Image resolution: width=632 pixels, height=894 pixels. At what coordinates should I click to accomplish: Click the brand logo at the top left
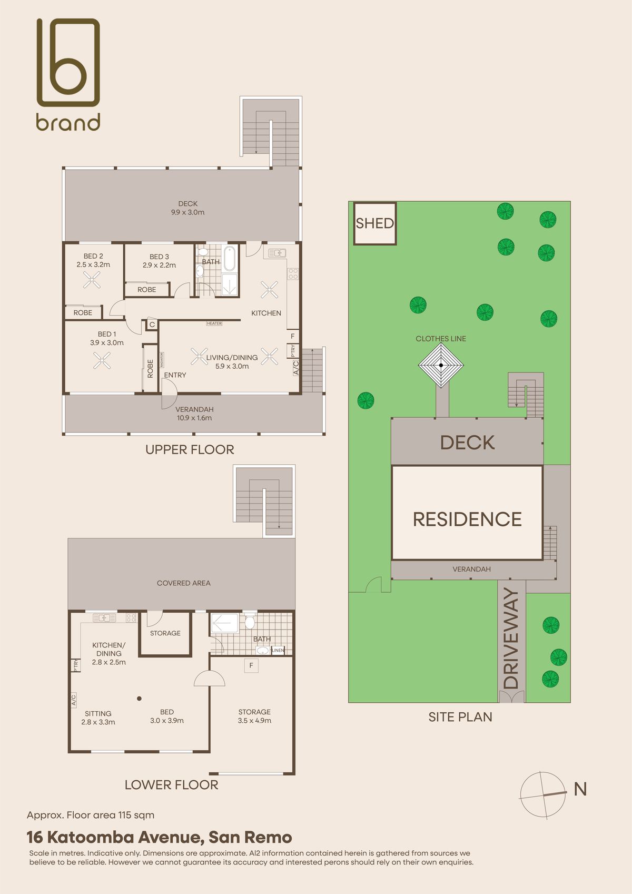[x=68, y=74]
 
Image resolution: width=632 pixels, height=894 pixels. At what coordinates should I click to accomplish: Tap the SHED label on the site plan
[x=374, y=223]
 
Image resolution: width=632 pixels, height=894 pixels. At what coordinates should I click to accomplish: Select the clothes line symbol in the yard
[x=441, y=365]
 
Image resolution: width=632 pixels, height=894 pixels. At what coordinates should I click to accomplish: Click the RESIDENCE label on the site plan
[x=467, y=519]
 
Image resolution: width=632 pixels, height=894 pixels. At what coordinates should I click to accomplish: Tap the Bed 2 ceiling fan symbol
[x=92, y=280]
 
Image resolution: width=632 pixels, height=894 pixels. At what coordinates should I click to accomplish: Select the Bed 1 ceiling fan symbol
[x=102, y=360]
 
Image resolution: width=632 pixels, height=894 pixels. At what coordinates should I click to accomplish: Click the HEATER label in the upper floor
[x=214, y=323]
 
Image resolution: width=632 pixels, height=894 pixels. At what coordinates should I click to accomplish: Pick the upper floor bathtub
[x=230, y=258]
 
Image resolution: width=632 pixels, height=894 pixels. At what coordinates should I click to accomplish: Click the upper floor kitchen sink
[x=277, y=253]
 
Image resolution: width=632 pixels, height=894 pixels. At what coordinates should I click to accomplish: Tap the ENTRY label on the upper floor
[x=175, y=375]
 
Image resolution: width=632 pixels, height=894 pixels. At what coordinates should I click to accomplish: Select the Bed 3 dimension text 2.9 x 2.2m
[x=159, y=265]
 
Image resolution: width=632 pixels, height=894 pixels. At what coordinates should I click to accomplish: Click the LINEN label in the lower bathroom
[x=278, y=650]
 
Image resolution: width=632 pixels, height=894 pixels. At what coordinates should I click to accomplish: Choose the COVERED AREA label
[x=183, y=583]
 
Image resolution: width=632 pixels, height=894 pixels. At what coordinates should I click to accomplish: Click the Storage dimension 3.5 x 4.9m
[x=254, y=720]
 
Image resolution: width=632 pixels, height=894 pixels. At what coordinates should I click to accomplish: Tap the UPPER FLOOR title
[x=190, y=450]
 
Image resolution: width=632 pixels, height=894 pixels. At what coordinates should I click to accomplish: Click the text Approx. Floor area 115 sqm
[x=91, y=816]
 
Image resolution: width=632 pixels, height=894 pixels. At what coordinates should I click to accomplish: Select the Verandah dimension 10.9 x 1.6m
[x=194, y=418]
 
